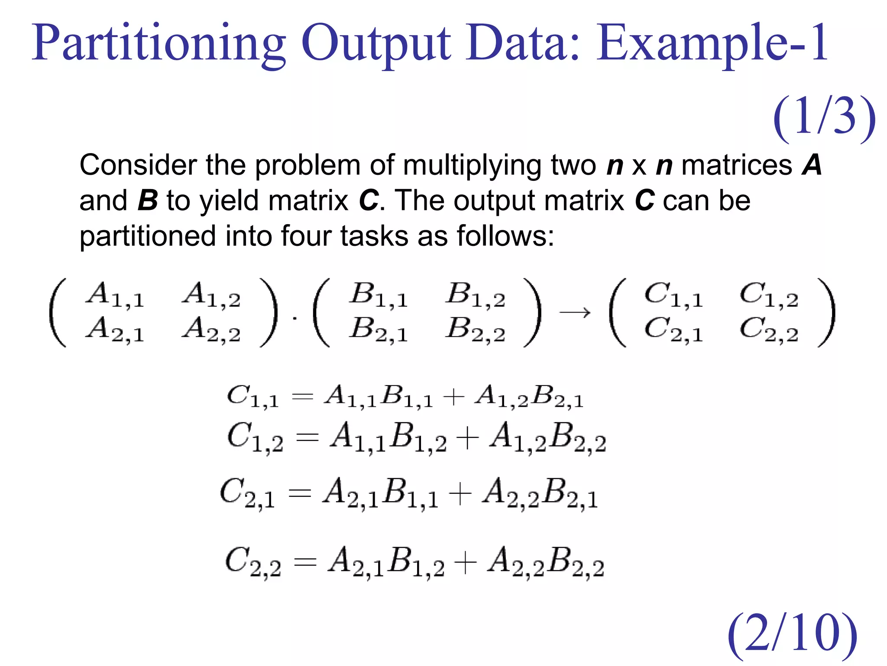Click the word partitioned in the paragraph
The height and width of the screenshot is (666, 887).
[147, 237]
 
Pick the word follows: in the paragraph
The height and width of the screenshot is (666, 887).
[505, 237]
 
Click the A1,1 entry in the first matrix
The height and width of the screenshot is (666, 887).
[115, 295]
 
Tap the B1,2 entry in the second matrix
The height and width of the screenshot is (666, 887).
[476, 295]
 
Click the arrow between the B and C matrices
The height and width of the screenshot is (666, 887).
[575, 312]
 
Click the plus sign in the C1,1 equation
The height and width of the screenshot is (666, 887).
[454, 397]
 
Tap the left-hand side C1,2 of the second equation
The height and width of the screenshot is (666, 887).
[255, 438]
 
